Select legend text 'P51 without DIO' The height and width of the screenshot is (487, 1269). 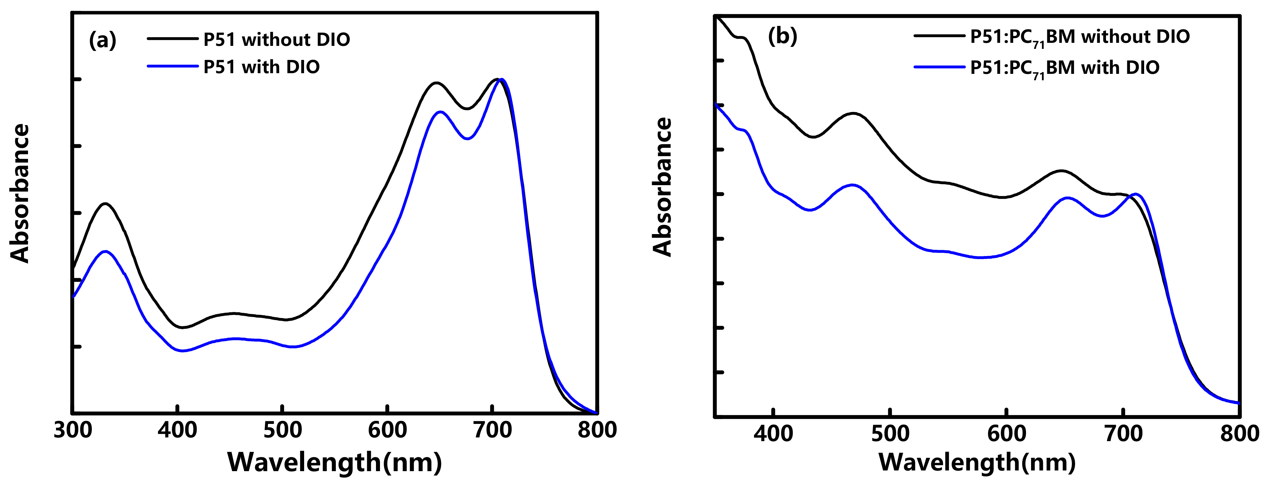coord(276,39)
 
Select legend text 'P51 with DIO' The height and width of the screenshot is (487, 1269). coord(262,67)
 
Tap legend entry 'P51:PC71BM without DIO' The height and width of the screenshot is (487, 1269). coord(1080,37)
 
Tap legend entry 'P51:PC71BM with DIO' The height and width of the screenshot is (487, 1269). coord(1064,68)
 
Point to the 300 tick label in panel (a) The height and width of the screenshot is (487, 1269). coord(73,430)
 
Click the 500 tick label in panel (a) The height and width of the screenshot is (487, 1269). coord(282,430)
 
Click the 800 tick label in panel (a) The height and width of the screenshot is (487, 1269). coord(597,430)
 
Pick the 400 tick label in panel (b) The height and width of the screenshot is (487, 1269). coord(774,434)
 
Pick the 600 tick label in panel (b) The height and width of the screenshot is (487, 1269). coord(1006,434)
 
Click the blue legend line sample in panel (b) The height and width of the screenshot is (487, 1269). coord(939,66)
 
